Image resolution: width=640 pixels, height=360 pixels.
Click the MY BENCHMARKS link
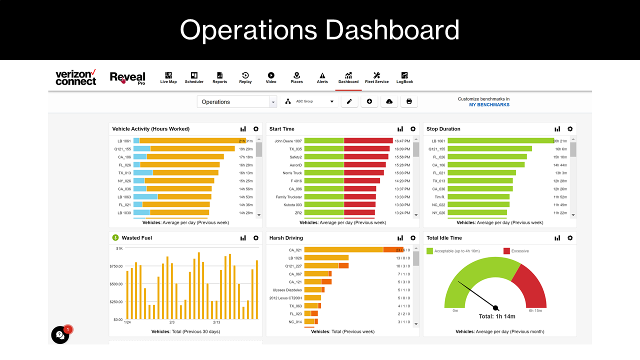pos(489,105)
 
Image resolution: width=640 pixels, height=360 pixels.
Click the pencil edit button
pos(349,101)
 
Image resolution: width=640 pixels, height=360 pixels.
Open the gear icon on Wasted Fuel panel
pos(256,238)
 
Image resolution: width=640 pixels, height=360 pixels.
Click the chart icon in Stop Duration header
pos(557,129)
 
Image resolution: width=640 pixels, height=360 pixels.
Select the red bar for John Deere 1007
pos(368,141)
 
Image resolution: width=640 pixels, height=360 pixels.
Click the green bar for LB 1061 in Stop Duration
pos(500,141)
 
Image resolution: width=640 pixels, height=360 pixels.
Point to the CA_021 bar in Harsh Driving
pos(343,250)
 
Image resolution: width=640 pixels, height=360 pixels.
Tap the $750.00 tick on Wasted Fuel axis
pos(115,266)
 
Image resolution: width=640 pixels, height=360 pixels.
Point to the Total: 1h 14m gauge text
pos(496,316)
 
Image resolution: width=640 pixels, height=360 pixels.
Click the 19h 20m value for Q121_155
pos(245,149)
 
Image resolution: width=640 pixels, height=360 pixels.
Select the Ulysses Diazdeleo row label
pos(287,290)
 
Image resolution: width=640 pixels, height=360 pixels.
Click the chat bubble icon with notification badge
pos(60,335)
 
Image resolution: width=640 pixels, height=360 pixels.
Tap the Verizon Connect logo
pos(75,77)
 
